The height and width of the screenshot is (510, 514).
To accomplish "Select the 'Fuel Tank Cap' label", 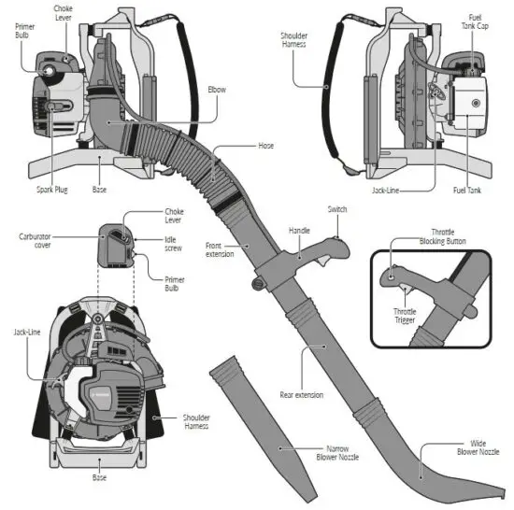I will (474, 21).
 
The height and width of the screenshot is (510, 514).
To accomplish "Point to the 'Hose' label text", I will (265, 146).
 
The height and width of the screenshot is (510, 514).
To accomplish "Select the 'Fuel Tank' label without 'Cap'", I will (465, 190).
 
